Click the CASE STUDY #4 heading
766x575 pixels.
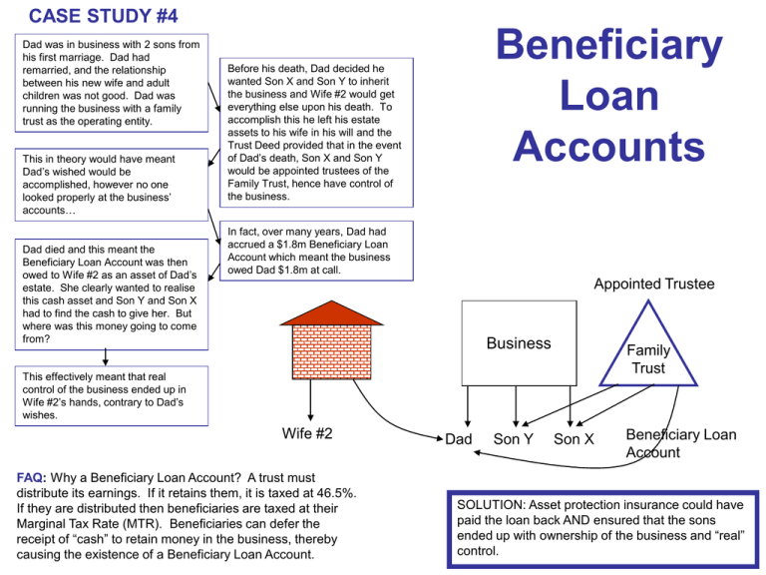point(103,16)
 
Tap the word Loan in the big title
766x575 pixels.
point(609,96)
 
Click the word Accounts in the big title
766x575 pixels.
point(609,147)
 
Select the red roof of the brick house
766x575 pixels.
point(332,313)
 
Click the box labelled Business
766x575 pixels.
point(519,342)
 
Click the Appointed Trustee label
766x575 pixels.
point(654,284)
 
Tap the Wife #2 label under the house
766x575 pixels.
point(307,433)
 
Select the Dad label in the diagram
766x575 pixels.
point(458,439)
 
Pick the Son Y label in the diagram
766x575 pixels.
point(513,439)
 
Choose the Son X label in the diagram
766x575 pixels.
point(574,439)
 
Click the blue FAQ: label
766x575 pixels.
point(31,478)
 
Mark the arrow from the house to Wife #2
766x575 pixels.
point(310,400)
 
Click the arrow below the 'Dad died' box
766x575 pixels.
point(105,357)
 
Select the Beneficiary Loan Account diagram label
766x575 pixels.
point(681,443)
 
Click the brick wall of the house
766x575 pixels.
point(332,352)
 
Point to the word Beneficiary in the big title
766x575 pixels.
point(609,44)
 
